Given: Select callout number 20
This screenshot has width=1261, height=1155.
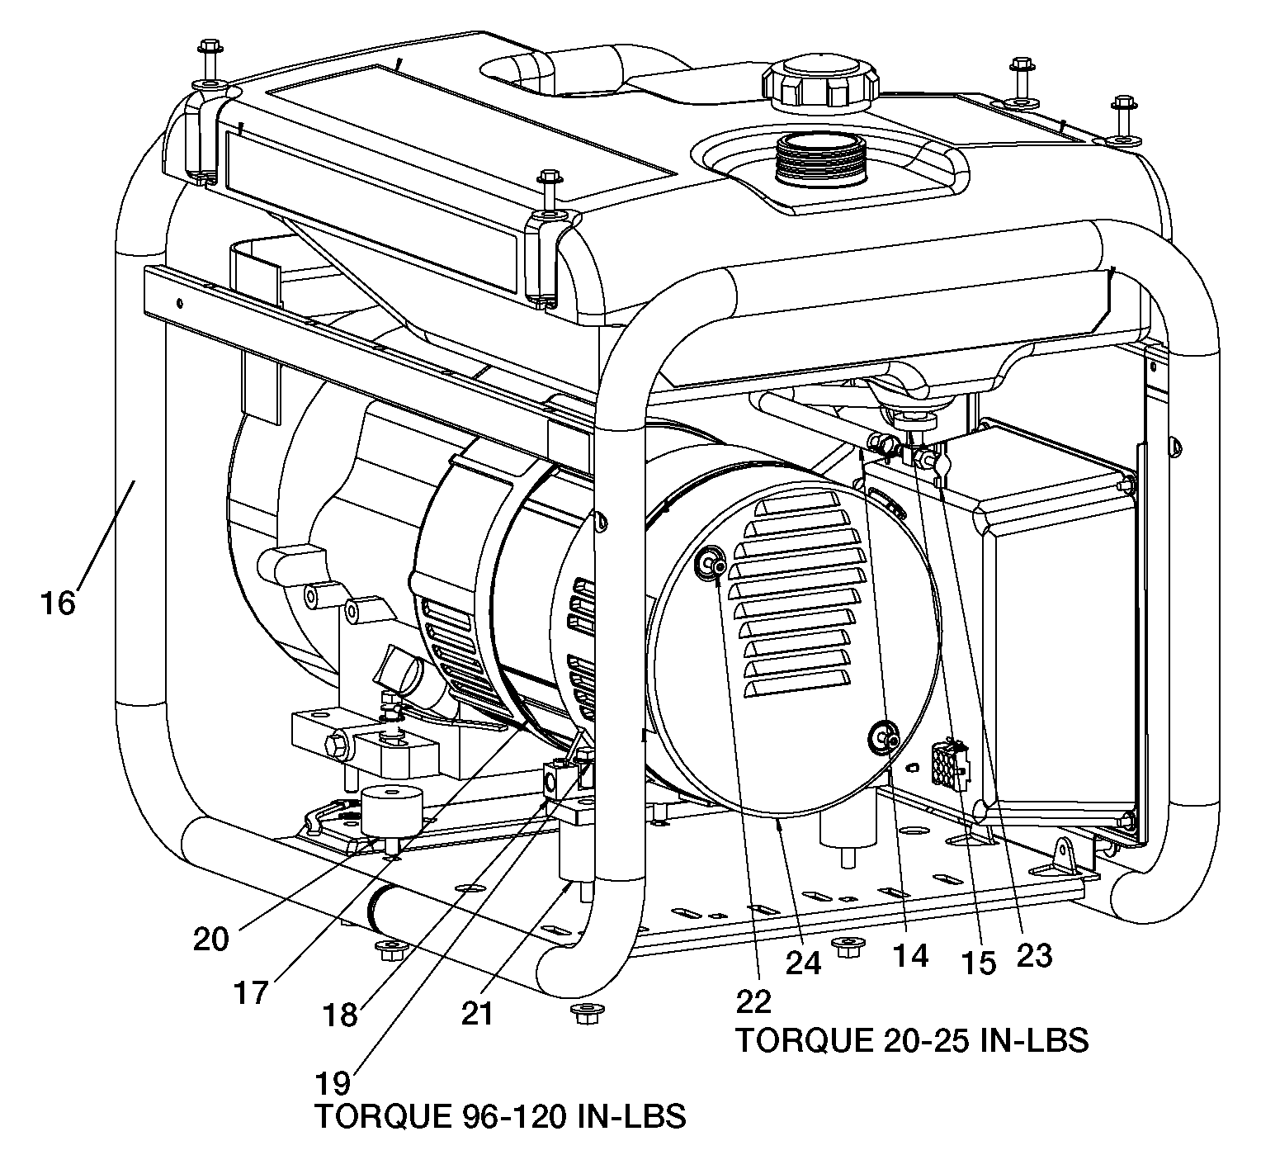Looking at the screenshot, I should tap(210, 940).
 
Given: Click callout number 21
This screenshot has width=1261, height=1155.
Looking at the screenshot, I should tap(476, 1013).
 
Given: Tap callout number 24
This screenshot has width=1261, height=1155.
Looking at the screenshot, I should tap(804, 963).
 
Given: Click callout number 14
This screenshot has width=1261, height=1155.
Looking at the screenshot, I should tap(909, 956).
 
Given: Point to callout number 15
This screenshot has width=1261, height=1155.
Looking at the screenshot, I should tap(978, 963).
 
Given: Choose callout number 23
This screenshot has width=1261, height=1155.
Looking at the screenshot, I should tap(1033, 956).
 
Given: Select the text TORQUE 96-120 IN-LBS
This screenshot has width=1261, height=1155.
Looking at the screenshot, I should tap(500, 1117).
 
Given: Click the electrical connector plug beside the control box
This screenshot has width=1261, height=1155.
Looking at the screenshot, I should tap(950, 763).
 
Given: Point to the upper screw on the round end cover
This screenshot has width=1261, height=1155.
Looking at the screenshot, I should tap(711, 565).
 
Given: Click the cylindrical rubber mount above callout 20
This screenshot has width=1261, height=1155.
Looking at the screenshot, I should tap(392, 812).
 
